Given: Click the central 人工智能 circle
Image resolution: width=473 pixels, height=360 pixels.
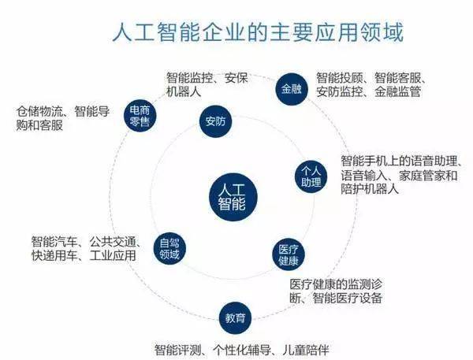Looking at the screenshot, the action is (x=233, y=197).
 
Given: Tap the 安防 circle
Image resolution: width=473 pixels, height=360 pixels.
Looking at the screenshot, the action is (x=215, y=121).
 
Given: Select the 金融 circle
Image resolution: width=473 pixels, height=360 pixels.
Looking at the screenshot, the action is (x=292, y=89).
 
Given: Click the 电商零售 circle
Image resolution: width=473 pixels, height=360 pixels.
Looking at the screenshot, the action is (x=140, y=116).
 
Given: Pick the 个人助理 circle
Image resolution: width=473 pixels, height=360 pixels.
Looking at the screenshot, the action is (x=311, y=176).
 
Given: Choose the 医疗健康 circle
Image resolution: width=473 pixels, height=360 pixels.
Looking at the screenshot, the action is (x=289, y=254).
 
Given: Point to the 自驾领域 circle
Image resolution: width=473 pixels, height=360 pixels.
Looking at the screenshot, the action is (x=169, y=249).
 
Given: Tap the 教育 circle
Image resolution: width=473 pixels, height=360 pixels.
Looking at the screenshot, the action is (x=235, y=318).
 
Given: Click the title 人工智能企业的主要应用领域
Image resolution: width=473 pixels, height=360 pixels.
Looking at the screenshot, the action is (x=258, y=32).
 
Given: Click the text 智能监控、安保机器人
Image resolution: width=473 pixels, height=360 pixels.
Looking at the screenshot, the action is (x=207, y=84).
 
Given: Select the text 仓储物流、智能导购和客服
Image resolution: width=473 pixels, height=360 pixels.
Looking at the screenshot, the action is (x=63, y=118).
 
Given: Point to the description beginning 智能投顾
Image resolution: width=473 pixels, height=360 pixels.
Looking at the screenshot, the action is (x=371, y=84).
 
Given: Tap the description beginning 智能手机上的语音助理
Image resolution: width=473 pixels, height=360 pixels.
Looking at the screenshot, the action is (x=401, y=175).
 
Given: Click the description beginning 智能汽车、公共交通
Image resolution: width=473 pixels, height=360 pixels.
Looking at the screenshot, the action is (x=86, y=248).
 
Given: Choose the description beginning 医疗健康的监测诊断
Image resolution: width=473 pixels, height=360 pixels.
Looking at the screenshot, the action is (x=336, y=291).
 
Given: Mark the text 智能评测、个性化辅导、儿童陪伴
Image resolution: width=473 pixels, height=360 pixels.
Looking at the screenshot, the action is (x=241, y=350).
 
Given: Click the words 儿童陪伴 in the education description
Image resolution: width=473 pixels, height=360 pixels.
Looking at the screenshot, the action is (x=306, y=350).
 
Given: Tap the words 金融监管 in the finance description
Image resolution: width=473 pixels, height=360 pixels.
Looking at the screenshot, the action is (x=398, y=91).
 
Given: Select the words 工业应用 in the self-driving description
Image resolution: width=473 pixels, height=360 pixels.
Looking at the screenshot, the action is (x=113, y=256).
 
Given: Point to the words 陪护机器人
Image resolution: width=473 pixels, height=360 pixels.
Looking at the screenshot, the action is (x=370, y=189).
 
